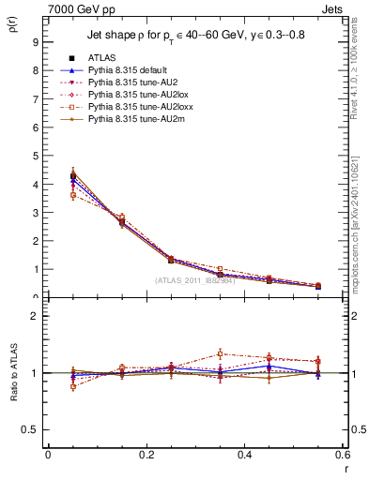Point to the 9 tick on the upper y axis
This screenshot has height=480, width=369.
(x=34, y=42)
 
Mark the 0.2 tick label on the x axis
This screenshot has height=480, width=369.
(x=146, y=454)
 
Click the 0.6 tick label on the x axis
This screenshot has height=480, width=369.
(x=342, y=454)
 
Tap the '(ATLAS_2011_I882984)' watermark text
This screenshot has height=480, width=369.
(x=194, y=279)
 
